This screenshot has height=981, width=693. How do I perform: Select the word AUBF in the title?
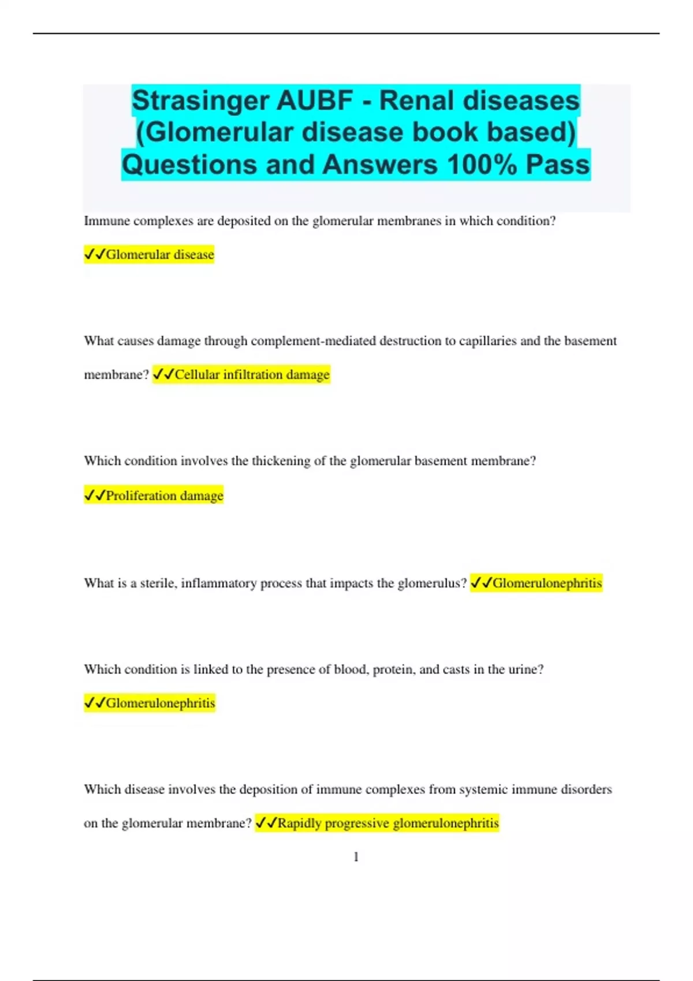click(314, 101)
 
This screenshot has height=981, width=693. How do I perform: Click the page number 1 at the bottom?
click(356, 857)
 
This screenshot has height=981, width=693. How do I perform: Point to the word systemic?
click(487, 789)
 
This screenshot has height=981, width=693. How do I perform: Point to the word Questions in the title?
click(189, 164)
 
